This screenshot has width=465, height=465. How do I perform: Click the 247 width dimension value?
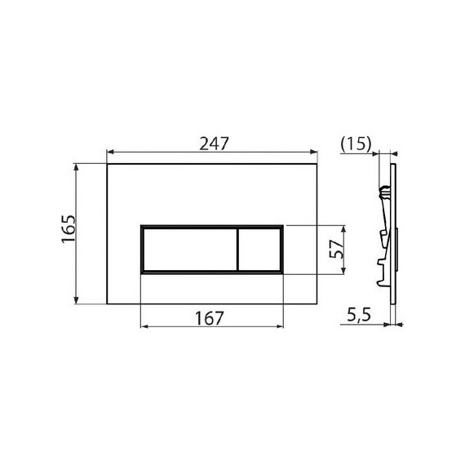(x=211, y=142)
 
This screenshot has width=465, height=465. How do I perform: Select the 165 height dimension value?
(x=68, y=233)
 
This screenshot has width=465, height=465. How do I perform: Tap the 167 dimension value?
(x=211, y=318)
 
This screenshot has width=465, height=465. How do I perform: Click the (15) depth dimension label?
(x=356, y=144)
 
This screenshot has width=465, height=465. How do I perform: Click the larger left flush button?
(x=188, y=247)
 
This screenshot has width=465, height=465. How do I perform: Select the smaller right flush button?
(x=260, y=247)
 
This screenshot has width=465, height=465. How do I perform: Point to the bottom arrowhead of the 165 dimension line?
(x=77, y=301)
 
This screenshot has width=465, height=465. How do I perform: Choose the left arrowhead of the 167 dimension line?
(x=144, y=327)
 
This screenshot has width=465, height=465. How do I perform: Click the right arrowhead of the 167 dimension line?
(x=281, y=327)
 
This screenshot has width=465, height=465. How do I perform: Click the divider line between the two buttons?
(x=237, y=247)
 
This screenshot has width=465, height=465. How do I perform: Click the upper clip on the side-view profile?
(x=386, y=193)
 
